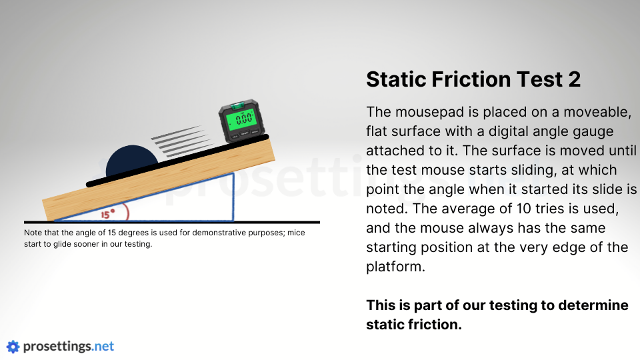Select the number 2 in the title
(x=574, y=79)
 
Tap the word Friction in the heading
(x=471, y=79)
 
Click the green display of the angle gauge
(x=241, y=119)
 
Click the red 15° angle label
(x=108, y=214)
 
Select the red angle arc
(x=126, y=212)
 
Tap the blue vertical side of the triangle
(x=233, y=197)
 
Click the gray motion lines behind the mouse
(x=182, y=141)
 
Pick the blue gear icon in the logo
(x=13, y=347)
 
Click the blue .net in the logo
(x=103, y=346)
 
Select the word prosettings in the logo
(x=57, y=347)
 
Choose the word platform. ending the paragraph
(x=395, y=267)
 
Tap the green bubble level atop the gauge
(x=237, y=106)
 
